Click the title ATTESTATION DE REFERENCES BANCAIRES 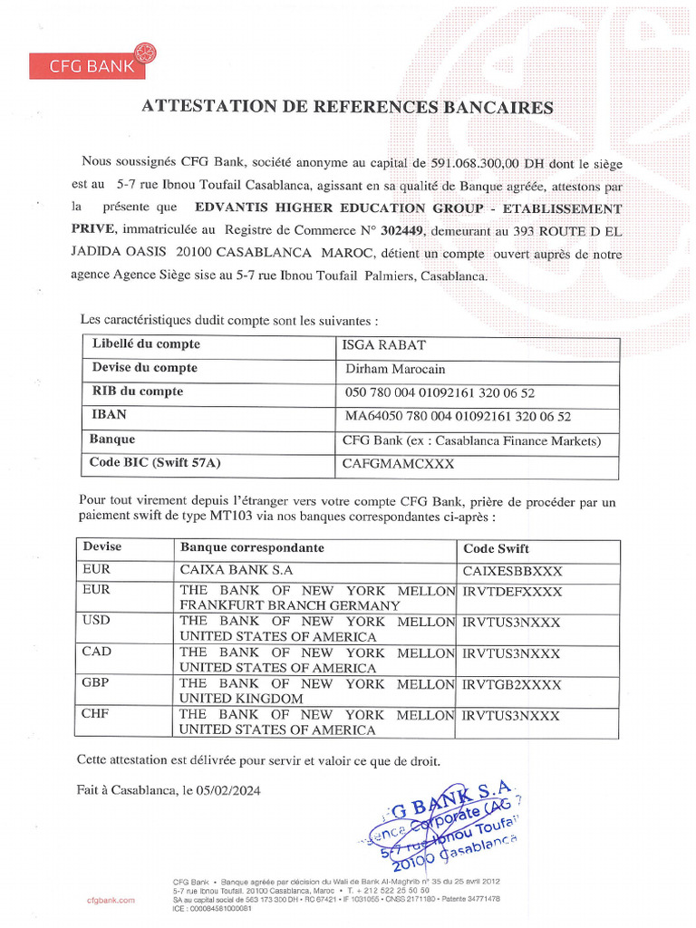click(x=347, y=107)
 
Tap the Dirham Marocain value click(x=395, y=369)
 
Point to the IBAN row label click(x=108, y=414)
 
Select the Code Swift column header click(x=496, y=549)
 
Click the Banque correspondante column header click(x=252, y=548)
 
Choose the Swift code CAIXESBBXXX click(x=511, y=571)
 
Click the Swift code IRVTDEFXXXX click(x=511, y=592)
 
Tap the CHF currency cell click(x=96, y=714)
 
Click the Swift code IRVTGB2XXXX click(x=511, y=684)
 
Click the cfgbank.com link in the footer click(x=111, y=900)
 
